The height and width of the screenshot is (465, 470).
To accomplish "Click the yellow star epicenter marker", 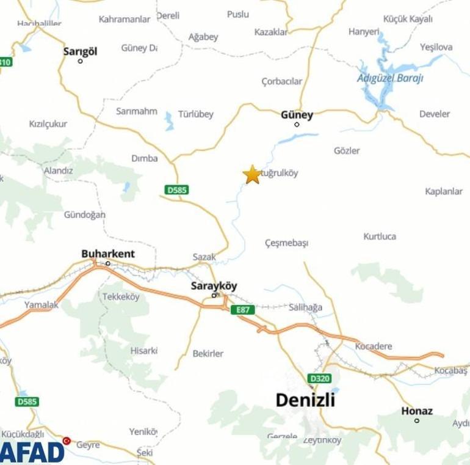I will [x=251, y=174].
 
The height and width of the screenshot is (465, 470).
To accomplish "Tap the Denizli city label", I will [x=305, y=400].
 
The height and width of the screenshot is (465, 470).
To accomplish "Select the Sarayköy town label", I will [x=214, y=285].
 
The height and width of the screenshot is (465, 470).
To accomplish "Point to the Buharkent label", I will [x=108, y=254].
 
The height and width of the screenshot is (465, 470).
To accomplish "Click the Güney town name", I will [x=297, y=114].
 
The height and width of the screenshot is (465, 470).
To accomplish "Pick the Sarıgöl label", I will [x=80, y=51].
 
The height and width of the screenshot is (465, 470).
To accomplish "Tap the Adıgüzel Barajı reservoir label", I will [x=390, y=78].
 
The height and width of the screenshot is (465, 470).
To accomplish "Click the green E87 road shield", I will [x=243, y=310].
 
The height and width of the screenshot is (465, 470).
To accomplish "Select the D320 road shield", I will [x=319, y=378].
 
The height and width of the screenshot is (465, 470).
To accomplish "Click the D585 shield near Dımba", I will [x=176, y=190].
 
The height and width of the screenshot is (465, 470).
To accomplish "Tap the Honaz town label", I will [x=417, y=411].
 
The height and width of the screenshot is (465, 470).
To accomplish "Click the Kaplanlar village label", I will [x=444, y=191].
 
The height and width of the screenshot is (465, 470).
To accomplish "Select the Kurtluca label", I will [x=380, y=236].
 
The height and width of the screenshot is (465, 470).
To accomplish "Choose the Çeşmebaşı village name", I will [x=286, y=243].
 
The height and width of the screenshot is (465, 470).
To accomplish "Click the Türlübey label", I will [x=196, y=114].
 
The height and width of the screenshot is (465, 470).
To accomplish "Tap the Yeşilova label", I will [x=436, y=47].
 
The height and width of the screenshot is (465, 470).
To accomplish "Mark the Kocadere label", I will [x=374, y=346].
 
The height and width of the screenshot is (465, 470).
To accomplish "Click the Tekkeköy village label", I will [x=121, y=296].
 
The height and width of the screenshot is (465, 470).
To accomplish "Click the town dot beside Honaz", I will [x=417, y=420].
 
